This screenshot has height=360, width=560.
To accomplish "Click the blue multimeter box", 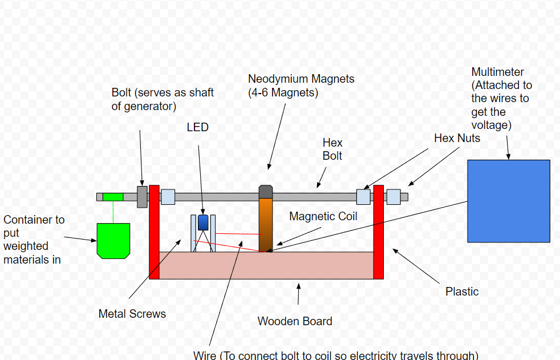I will tap(508, 201).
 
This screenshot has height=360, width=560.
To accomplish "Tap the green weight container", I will tap(113, 240).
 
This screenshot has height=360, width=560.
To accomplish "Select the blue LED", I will tap(203, 223).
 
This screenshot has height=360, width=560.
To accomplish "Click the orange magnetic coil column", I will tap(266, 225).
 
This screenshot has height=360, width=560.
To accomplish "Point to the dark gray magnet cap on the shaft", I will tap(266, 191).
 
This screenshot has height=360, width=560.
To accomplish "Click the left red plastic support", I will tap(154, 232).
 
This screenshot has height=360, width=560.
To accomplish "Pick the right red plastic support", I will tap(378, 232).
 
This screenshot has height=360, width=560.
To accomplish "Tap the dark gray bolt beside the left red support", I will tap(142, 196).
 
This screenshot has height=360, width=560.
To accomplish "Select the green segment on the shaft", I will tap(113, 197).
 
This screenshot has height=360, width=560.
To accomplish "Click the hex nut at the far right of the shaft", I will tap(393, 197).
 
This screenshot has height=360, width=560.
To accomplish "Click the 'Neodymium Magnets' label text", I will tap(301, 79).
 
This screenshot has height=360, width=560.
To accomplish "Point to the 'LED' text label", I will tap(198, 127).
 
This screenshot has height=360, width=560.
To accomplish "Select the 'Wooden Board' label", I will tap(295, 321).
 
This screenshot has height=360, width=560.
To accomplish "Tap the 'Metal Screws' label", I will tap(132, 313).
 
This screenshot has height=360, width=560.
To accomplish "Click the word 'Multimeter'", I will tap(498, 72).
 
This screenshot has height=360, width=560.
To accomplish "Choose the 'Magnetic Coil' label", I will tap(323, 216).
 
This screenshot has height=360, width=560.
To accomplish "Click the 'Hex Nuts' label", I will tap(457, 138).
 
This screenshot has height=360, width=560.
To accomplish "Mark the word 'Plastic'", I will tap(462, 292).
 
